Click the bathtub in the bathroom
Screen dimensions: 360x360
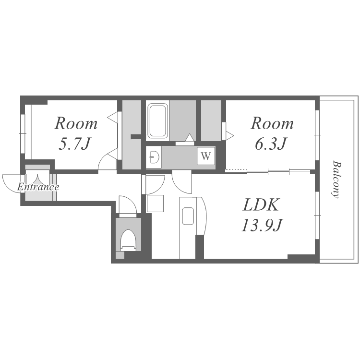[x=157, y=120]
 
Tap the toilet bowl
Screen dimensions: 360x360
[x=128, y=240]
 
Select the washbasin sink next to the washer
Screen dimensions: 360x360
[x=154, y=157]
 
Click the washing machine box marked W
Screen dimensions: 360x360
[x=206, y=156]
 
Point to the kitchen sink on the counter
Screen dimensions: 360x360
[x=188, y=216]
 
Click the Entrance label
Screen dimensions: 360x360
[x=38, y=187]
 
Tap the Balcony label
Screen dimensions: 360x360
[x=336, y=180]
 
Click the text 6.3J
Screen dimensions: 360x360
[x=271, y=144]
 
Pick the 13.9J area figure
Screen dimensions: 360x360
[x=262, y=225]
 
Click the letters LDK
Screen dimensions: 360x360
[x=261, y=204]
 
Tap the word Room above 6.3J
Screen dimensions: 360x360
[x=272, y=123]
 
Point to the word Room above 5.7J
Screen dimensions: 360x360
[x=76, y=123]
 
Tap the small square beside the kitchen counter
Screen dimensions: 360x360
[x=155, y=204]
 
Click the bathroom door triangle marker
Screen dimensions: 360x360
[x=190, y=137]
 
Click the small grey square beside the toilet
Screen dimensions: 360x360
[x=120, y=255]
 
